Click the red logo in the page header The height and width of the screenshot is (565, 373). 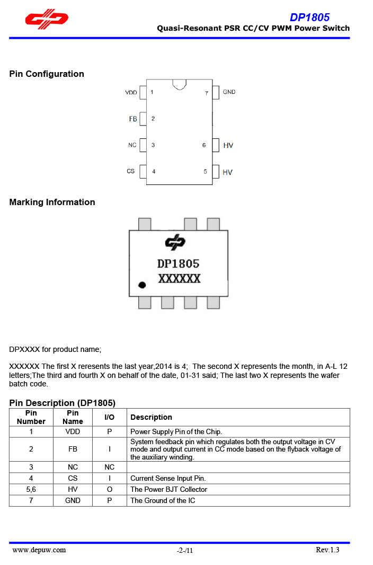pyautogui.click(x=47, y=20)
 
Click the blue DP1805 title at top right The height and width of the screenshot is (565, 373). pyautogui.click(x=309, y=17)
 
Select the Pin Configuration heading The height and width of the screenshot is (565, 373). pyautogui.click(x=47, y=74)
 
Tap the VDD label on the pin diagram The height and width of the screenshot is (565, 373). pyautogui.click(x=131, y=93)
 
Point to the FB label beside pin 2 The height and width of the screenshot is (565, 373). pyautogui.click(x=133, y=119)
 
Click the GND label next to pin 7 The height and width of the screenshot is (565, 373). pyautogui.click(x=229, y=92)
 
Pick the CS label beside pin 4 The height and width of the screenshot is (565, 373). pyautogui.click(x=131, y=171)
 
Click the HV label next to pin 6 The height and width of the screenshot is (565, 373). pyautogui.click(x=228, y=145)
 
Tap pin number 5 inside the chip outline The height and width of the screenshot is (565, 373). pyautogui.click(x=205, y=172)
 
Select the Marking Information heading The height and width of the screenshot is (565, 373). pyautogui.click(x=52, y=202)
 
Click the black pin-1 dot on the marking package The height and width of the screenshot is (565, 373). pyautogui.click(x=142, y=285)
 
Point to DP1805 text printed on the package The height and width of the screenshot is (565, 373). pyautogui.click(x=178, y=263)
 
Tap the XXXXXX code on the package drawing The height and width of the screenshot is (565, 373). pyautogui.click(x=179, y=278)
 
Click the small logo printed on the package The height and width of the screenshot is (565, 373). pyautogui.click(x=175, y=243)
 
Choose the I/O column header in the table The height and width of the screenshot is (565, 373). pyautogui.click(x=109, y=417)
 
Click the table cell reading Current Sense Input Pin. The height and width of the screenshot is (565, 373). pyautogui.click(x=168, y=478)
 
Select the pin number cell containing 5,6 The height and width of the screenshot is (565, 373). pyautogui.click(x=31, y=489)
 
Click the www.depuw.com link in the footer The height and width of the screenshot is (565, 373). pyautogui.click(x=39, y=550)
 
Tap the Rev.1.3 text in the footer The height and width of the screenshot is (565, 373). pyautogui.click(x=327, y=550)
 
